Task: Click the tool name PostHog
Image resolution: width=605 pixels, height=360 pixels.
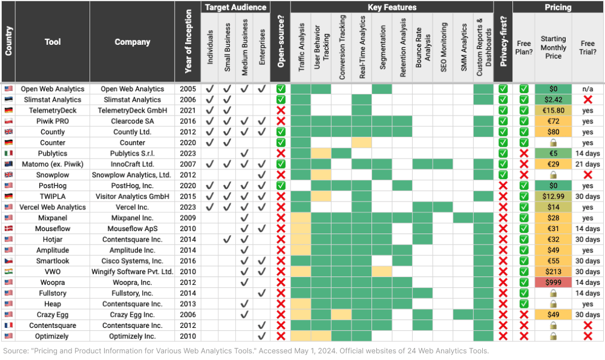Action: pyautogui.click(x=53, y=186)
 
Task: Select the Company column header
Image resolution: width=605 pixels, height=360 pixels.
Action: pyautogui.click(x=132, y=42)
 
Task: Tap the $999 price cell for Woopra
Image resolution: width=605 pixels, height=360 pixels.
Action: pyautogui.click(x=553, y=283)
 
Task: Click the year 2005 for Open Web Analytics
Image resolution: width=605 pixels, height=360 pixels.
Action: pyautogui.click(x=188, y=89)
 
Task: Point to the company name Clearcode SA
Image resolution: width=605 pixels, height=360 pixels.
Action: pyautogui.click(x=132, y=121)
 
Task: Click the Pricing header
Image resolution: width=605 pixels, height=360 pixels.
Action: pyautogui.click(x=558, y=7)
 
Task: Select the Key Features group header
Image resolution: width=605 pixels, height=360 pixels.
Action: pyautogui.click(x=392, y=7)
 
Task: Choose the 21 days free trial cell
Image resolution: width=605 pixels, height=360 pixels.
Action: pyautogui.click(x=587, y=164)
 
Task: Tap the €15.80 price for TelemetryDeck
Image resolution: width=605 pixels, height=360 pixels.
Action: pyautogui.click(x=553, y=111)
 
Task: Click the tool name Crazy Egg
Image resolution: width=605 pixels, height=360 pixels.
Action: pyautogui.click(x=53, y=315)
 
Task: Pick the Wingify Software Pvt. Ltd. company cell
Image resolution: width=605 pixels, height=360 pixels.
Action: pyautogui.click(x=132, y=272)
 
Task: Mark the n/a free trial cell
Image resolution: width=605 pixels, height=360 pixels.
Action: pyautogui.click(x=587, y=89)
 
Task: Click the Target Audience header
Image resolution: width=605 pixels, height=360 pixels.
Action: pyautogui.click(x=235, y=7)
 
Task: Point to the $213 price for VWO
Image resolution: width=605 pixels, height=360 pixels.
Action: pyautogui.click(x=553, y=272)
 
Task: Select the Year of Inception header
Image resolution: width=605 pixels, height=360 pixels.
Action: pyautogui.click(x=188, y=42)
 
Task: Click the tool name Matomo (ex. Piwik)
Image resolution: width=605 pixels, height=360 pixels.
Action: pyautogui.click(x=53, y=164)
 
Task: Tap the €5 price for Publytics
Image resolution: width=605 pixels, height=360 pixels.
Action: pyautogui.click(x=553, y=153)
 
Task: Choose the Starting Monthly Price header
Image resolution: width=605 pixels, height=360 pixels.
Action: pyautogui.click(x=553, y=47)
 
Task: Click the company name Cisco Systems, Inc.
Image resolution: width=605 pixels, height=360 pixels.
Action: pyautogui.click(x=132, y=261)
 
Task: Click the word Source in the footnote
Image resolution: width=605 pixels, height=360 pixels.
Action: pyautogui.click(x=15, y=351)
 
